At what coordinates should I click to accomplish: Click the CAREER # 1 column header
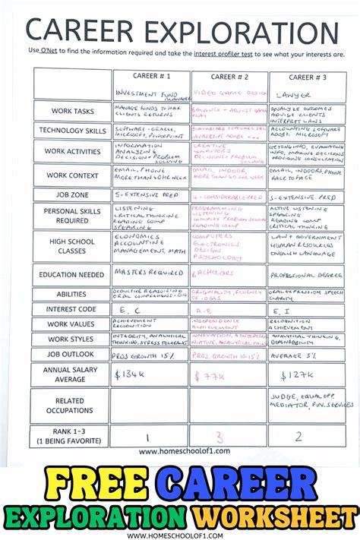point(151,77)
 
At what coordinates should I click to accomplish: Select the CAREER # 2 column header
point(229,77)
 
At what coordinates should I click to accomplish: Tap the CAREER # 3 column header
point(306,77)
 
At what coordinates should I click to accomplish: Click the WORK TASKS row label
point(73,111)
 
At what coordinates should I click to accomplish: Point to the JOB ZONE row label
point(73,195)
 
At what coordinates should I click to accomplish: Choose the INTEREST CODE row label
point(73,310)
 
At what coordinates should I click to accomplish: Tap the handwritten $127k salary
point(298,375)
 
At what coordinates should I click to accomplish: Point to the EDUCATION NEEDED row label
point(73,275)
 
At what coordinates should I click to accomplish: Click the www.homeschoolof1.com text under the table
point(180,451)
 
